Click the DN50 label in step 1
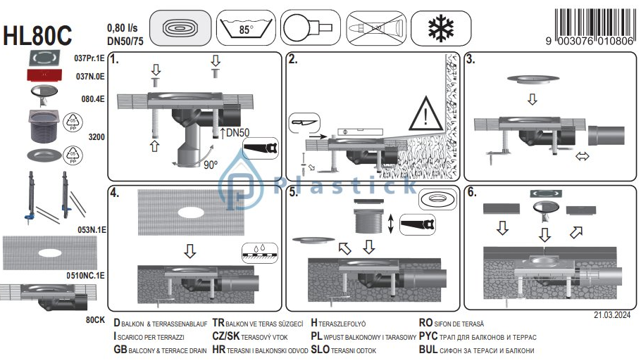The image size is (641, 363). point(237,132)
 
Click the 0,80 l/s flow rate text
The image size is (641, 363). point(123,27)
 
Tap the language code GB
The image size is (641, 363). point(120,350)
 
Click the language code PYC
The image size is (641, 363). point(428,336)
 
